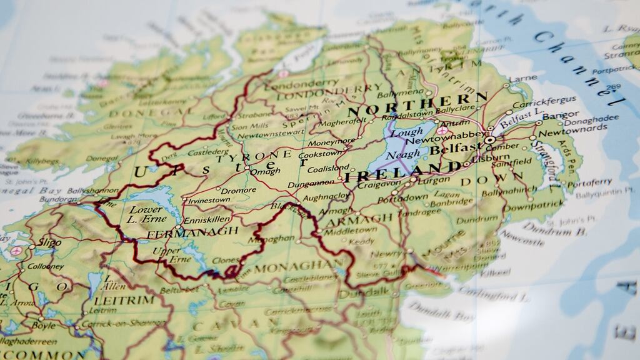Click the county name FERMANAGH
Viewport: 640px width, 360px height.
(192, 232)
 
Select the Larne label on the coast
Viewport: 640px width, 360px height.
(522, 79)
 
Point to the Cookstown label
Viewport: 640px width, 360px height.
(321, 154)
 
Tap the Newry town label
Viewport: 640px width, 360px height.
(386, 254)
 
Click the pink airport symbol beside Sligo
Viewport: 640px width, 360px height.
(16, 250)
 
